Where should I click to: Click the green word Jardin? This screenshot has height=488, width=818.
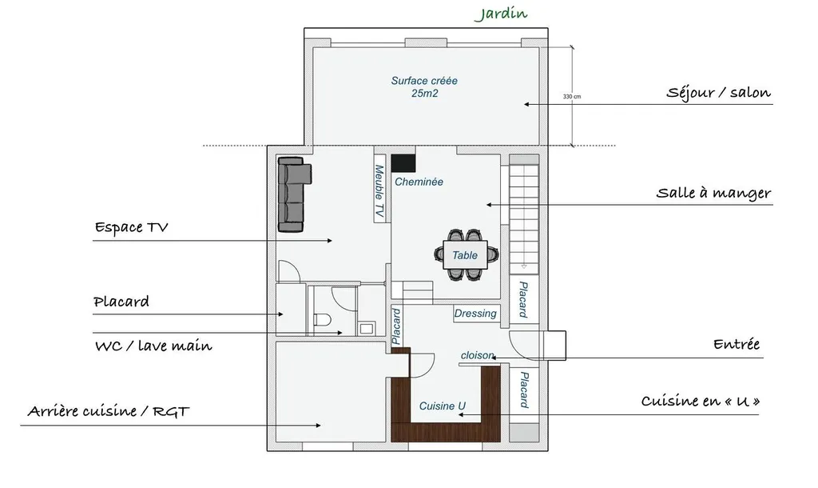click(x=501, y=14)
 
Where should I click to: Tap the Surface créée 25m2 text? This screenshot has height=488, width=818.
click(x=424, y=86)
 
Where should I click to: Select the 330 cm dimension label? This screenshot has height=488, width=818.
click(x=571, y=97)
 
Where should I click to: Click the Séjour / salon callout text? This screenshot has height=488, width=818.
click(x=718, y=93)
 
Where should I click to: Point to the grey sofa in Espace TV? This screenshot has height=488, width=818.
click(x=293, y=194)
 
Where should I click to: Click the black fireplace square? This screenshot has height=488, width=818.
click(x=403, y=162)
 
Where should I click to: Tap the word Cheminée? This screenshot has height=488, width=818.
click(x=419, y=182)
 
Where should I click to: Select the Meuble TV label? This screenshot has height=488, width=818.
click(x=380, y=192)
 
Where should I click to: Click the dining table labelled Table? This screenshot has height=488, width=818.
click(x=467, y=255)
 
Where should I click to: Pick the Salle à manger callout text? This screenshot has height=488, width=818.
click(x=713, y=193)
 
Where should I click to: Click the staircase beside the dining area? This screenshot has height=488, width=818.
click(x=525, y=217)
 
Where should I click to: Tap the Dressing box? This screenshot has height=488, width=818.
click(x=475, y=314)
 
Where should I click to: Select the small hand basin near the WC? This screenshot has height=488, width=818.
click(x=367, y=327)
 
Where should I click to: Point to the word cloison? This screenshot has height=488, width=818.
click(x=478, y=355)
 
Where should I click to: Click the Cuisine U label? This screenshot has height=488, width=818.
click(x=443, y=406)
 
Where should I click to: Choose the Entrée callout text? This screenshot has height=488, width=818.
click(x=737, y=345)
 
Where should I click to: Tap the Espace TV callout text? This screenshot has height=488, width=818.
click(x=131, y=227)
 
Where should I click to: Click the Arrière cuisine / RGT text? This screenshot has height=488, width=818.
click(x=109, y=412)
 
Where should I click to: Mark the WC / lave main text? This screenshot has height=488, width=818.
click(x=153, y=346)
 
